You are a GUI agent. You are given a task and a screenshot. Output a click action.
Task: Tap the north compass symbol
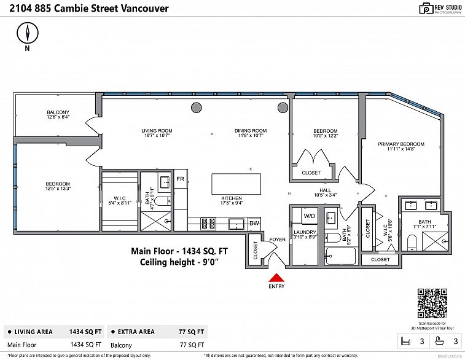[x=27, y=34]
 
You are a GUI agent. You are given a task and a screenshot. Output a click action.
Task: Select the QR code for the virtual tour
[x=432, y=302]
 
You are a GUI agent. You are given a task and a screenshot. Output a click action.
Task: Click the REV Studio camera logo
[x=425, y=8]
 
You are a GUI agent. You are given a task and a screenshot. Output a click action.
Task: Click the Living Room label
[x=157, y=131]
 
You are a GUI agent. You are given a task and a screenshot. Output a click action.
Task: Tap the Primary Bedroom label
[x=401, y=144]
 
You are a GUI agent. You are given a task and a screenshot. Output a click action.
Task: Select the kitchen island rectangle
[x=236, y=184]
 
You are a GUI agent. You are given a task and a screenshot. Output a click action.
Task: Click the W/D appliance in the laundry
[x=309, y=216]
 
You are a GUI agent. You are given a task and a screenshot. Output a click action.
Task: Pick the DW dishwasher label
[x=254, y=222]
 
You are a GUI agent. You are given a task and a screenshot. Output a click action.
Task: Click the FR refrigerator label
[x=180, y=179]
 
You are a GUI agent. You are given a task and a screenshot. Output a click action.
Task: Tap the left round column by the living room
[x=196, y=108]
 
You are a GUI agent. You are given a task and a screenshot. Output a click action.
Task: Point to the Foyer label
[x=276, y=239]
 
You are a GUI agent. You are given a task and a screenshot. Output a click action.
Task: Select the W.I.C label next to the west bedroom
[x=120, y=198]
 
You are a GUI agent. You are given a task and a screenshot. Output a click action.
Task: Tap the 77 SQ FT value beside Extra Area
[x=192, y=331]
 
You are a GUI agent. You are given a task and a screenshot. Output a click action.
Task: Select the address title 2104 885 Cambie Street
[x=85, y=9]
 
